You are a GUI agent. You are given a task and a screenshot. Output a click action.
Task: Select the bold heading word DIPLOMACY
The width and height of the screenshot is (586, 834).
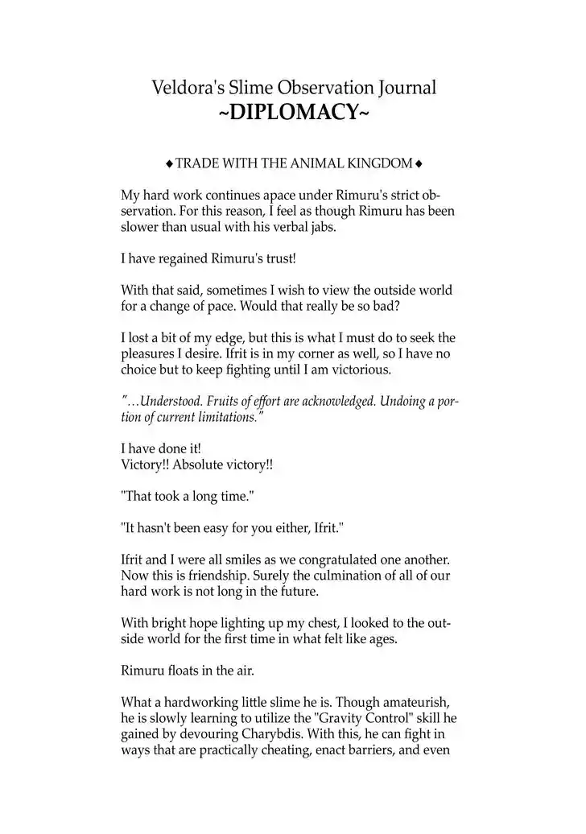(294, 114)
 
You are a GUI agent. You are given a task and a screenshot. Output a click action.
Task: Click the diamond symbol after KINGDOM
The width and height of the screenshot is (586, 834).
(419, 164)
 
